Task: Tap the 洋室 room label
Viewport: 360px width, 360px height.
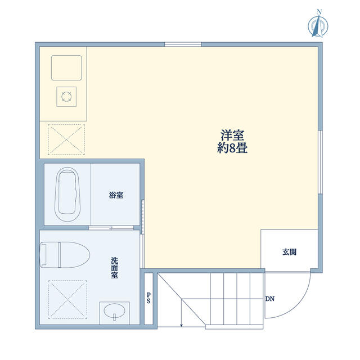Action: [x=232, y=135]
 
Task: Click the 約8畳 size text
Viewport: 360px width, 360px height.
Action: [x=232, y=148]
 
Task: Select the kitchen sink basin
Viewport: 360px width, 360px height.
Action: [x=66, y=67]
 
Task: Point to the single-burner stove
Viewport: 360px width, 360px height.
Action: [x=66, y=96]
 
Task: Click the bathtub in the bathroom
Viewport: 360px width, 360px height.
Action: [x=67, y=194]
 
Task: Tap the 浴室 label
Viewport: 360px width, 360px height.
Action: [x=116, y=195]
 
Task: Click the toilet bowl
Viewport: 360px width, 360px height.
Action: [x=65, y=255]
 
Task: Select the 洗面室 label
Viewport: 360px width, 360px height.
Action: [x=114, y=268]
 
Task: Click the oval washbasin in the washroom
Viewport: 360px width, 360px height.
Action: [x=114, y=311]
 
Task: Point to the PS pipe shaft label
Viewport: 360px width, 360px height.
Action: [x=148, y=298]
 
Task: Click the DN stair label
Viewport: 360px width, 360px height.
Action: [x=270, y=299]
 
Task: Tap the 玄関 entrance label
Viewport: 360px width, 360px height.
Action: [x=289, y=252]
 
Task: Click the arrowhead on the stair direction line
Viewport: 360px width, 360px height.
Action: [x=181, y=325]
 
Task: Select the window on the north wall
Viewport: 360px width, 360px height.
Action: [x=183, y=44]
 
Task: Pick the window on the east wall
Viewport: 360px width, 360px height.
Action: [x=320, y=162]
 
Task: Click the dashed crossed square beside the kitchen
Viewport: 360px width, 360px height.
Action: [x=66, y=139]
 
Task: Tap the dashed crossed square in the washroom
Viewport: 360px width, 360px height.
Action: [x=67, y=299]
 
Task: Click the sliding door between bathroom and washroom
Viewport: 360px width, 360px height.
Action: [x=111, y=228]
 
